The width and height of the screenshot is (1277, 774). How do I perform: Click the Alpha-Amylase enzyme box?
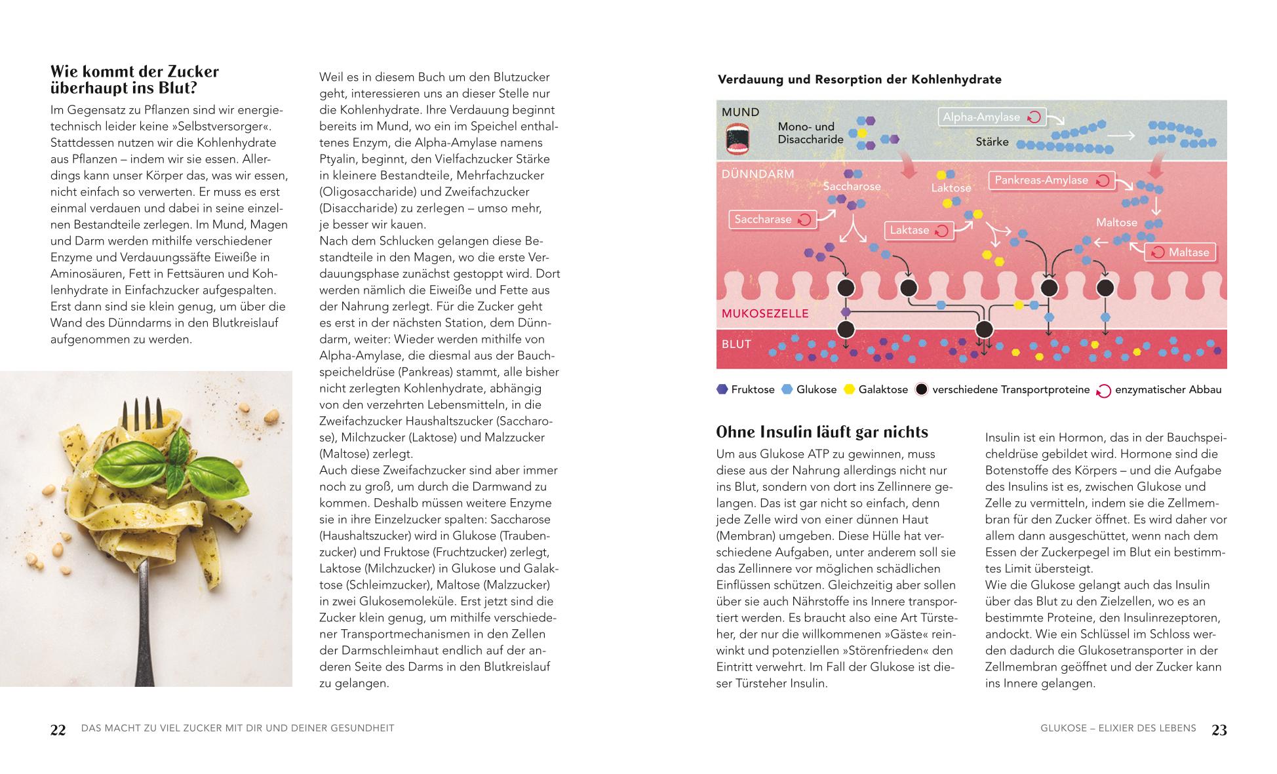(x=991, y=117)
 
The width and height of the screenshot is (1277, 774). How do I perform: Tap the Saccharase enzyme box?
(x=772, y=220)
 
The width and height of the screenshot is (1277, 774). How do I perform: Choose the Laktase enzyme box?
(x=918, y=230)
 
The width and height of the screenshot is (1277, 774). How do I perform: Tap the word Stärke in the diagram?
(x=992, y=142)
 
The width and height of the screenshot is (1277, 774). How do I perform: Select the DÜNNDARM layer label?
(x=758, y=174)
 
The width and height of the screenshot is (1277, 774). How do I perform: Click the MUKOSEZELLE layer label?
(x=765, y=314)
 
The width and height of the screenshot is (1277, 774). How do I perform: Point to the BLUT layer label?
(x=736, y=345)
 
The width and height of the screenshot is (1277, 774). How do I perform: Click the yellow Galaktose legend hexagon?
(x=849, y=389)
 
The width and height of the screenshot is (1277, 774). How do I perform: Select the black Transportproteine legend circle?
(x=921, y=390)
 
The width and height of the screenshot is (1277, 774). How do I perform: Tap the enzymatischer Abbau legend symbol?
(x=1104, y=391)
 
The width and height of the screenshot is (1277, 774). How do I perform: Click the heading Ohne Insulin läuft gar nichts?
(x=822, y=433)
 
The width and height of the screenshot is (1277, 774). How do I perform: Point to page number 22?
(x=58, y=730)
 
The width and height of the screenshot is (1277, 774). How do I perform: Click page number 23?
(x=1219, y=730)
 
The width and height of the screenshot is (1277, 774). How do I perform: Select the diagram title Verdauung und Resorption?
(x=859, y=80)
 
